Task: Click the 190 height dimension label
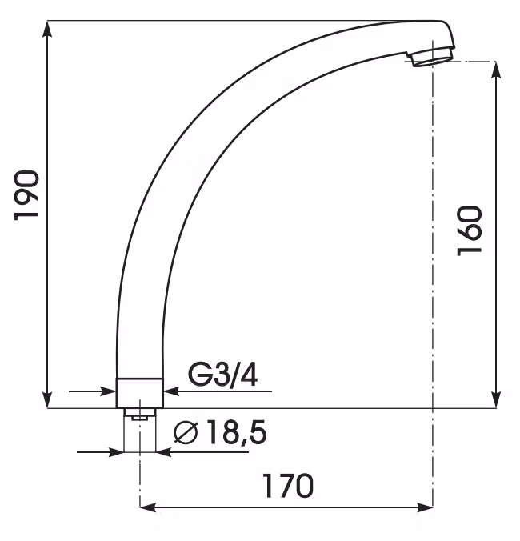point(26,195)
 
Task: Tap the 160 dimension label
point(470,230)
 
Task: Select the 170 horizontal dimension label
point(288,486)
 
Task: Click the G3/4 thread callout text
point(222,375)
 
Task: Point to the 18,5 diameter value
point(236,432)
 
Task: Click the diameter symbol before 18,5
point(186,432)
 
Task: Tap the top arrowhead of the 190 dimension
point(47,29)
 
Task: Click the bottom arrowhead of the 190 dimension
point(47,400)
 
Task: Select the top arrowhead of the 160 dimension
point(496,70)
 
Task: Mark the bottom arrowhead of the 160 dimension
point(496,400)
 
